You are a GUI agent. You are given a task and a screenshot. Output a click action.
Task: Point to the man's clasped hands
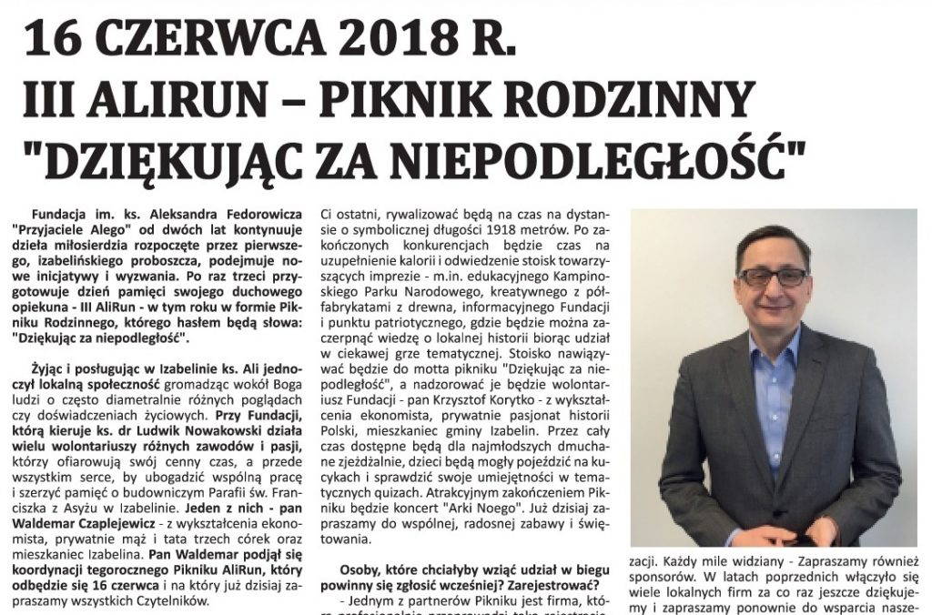783,532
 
